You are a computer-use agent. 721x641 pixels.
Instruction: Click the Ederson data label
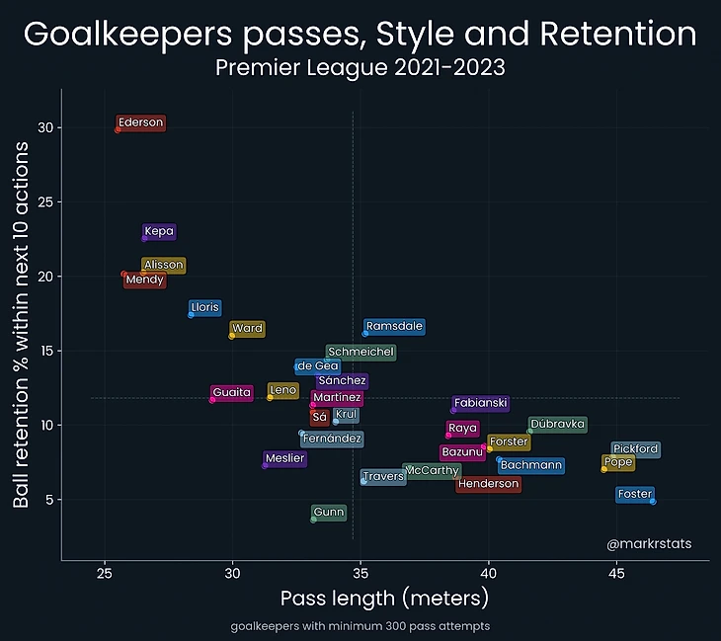pyautogui.click(x=140, y=123)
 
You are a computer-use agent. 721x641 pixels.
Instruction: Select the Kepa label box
pyautogui.click(x=159, y=232)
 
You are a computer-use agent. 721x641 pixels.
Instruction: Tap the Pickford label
pyautogui.click(x=635, y=449)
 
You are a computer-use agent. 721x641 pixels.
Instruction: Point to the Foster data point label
pyautogui.click(x=634, y=494)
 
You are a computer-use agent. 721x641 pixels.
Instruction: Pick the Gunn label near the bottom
pyautogui.click(x=329, y=513)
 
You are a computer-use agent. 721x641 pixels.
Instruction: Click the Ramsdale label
pyautogui.click(x=394, y=327)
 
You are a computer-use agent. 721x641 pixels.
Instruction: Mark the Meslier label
pyautogui.click(x=285, y=458)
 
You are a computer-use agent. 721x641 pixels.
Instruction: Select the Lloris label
pyautogui.click(x=205, y=307)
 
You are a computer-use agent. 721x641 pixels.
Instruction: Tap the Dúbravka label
pyautogui.click(x=558, y=425)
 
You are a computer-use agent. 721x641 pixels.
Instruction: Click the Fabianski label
pyautogui.click(x=481, y=403)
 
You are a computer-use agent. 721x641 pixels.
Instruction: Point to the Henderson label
pyautogui.click(x=489, y=484)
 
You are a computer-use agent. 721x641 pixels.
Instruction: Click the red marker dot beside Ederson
pyautogui.click(x=118, y=129)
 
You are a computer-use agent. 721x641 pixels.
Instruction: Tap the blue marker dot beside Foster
pyautogui.click(x=653, y=501)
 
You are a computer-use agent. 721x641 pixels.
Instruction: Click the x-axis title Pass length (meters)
pyautogui.click(x=384, y=600)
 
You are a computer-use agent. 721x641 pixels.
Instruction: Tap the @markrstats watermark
pyautogui.click(x=649, y=543)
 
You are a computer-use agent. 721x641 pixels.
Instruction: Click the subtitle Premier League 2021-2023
pyautogui.click(x=360, y=68)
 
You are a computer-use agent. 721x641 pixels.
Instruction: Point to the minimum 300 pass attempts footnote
pyautogui.click(x=360, y=626)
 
